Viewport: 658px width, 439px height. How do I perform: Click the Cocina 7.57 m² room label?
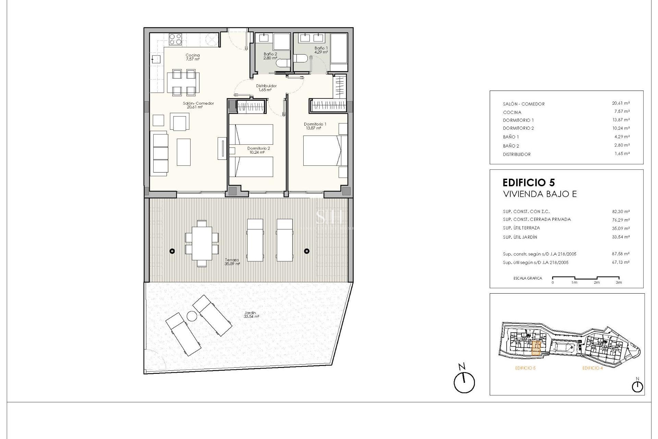click(x=193, y=57)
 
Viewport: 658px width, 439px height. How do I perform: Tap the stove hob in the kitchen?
click(x=175, y=39)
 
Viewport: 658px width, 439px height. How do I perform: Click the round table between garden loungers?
click(x=191, y=316)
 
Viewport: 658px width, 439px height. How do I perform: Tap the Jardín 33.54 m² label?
click(x=251, y=315)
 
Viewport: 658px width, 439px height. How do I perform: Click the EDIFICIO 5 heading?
click(x=528, y=182)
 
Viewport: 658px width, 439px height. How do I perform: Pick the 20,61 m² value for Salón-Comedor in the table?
click(x=621, y=103)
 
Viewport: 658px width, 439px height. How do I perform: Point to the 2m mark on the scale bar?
click(x=597, y=282)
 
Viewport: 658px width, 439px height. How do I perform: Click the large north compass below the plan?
click(x=464, y=382)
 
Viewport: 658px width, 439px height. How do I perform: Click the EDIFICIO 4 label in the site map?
click(x=592, y=368)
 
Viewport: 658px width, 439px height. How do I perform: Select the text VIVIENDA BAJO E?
click(x=539, y=194)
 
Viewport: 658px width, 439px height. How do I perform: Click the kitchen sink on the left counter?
click(x=156, y=59)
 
